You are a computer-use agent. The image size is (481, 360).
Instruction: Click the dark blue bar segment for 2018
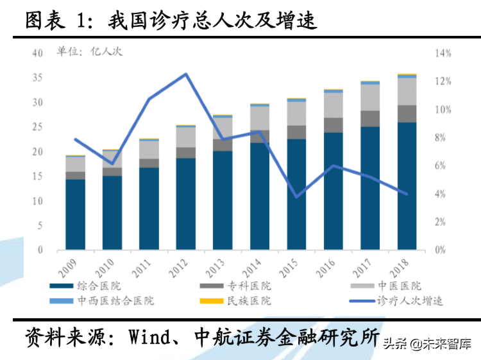click(x=407, y=185)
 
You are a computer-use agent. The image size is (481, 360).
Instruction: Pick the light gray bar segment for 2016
click(x=333, y=105)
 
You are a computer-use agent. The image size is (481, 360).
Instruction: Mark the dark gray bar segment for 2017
click(x=370, y=119)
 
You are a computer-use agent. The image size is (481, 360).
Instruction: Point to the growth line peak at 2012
click(x=186, y=74)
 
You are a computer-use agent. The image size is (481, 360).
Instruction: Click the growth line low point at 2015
click(x=296, y=196)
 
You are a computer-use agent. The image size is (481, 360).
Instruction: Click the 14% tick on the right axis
click(x=444, y=53)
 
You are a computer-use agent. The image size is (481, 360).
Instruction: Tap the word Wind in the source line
click(x=153, y=337)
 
